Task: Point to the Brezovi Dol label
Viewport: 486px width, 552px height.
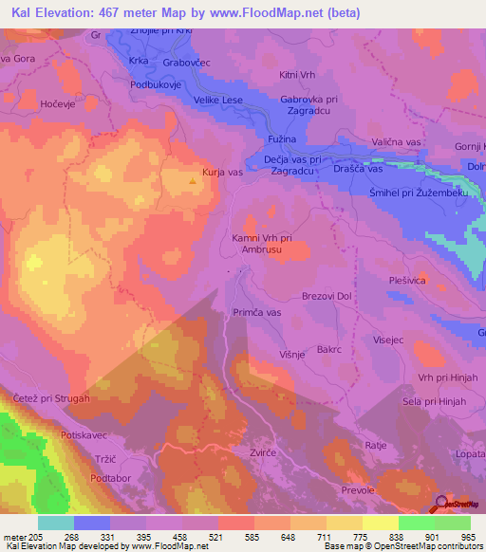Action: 327,296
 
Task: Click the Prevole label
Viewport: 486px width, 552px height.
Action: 358,489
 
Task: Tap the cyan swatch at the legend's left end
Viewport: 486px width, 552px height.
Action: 56,523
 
